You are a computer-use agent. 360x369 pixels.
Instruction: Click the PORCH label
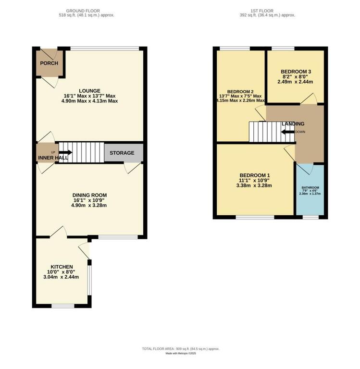49,63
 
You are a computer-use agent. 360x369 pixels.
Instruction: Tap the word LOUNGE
89,91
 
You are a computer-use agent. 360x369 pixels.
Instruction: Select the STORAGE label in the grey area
122,153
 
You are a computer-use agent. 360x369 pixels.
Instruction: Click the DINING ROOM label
89,195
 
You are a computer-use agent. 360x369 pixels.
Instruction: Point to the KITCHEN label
62,267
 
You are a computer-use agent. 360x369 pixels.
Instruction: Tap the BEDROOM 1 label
255,175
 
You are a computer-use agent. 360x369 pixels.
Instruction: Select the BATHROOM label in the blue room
310,188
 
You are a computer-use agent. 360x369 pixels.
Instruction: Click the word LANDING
293,124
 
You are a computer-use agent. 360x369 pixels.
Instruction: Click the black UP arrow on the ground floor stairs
65,152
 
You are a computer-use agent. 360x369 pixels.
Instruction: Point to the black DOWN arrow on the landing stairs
288,132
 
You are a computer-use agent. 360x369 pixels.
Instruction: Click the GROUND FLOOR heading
83,11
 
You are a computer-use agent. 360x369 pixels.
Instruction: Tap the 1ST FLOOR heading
262,11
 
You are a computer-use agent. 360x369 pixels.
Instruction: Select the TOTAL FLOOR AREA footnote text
181,349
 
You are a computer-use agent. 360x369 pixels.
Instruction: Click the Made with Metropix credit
181,353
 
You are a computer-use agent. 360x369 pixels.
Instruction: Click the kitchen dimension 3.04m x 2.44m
61,277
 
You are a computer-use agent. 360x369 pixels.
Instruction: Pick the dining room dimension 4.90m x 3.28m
89,205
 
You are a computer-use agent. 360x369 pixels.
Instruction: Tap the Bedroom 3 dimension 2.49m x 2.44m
295,82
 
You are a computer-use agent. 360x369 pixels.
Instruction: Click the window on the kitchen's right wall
89,280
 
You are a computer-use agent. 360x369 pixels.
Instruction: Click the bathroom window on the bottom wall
310,217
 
